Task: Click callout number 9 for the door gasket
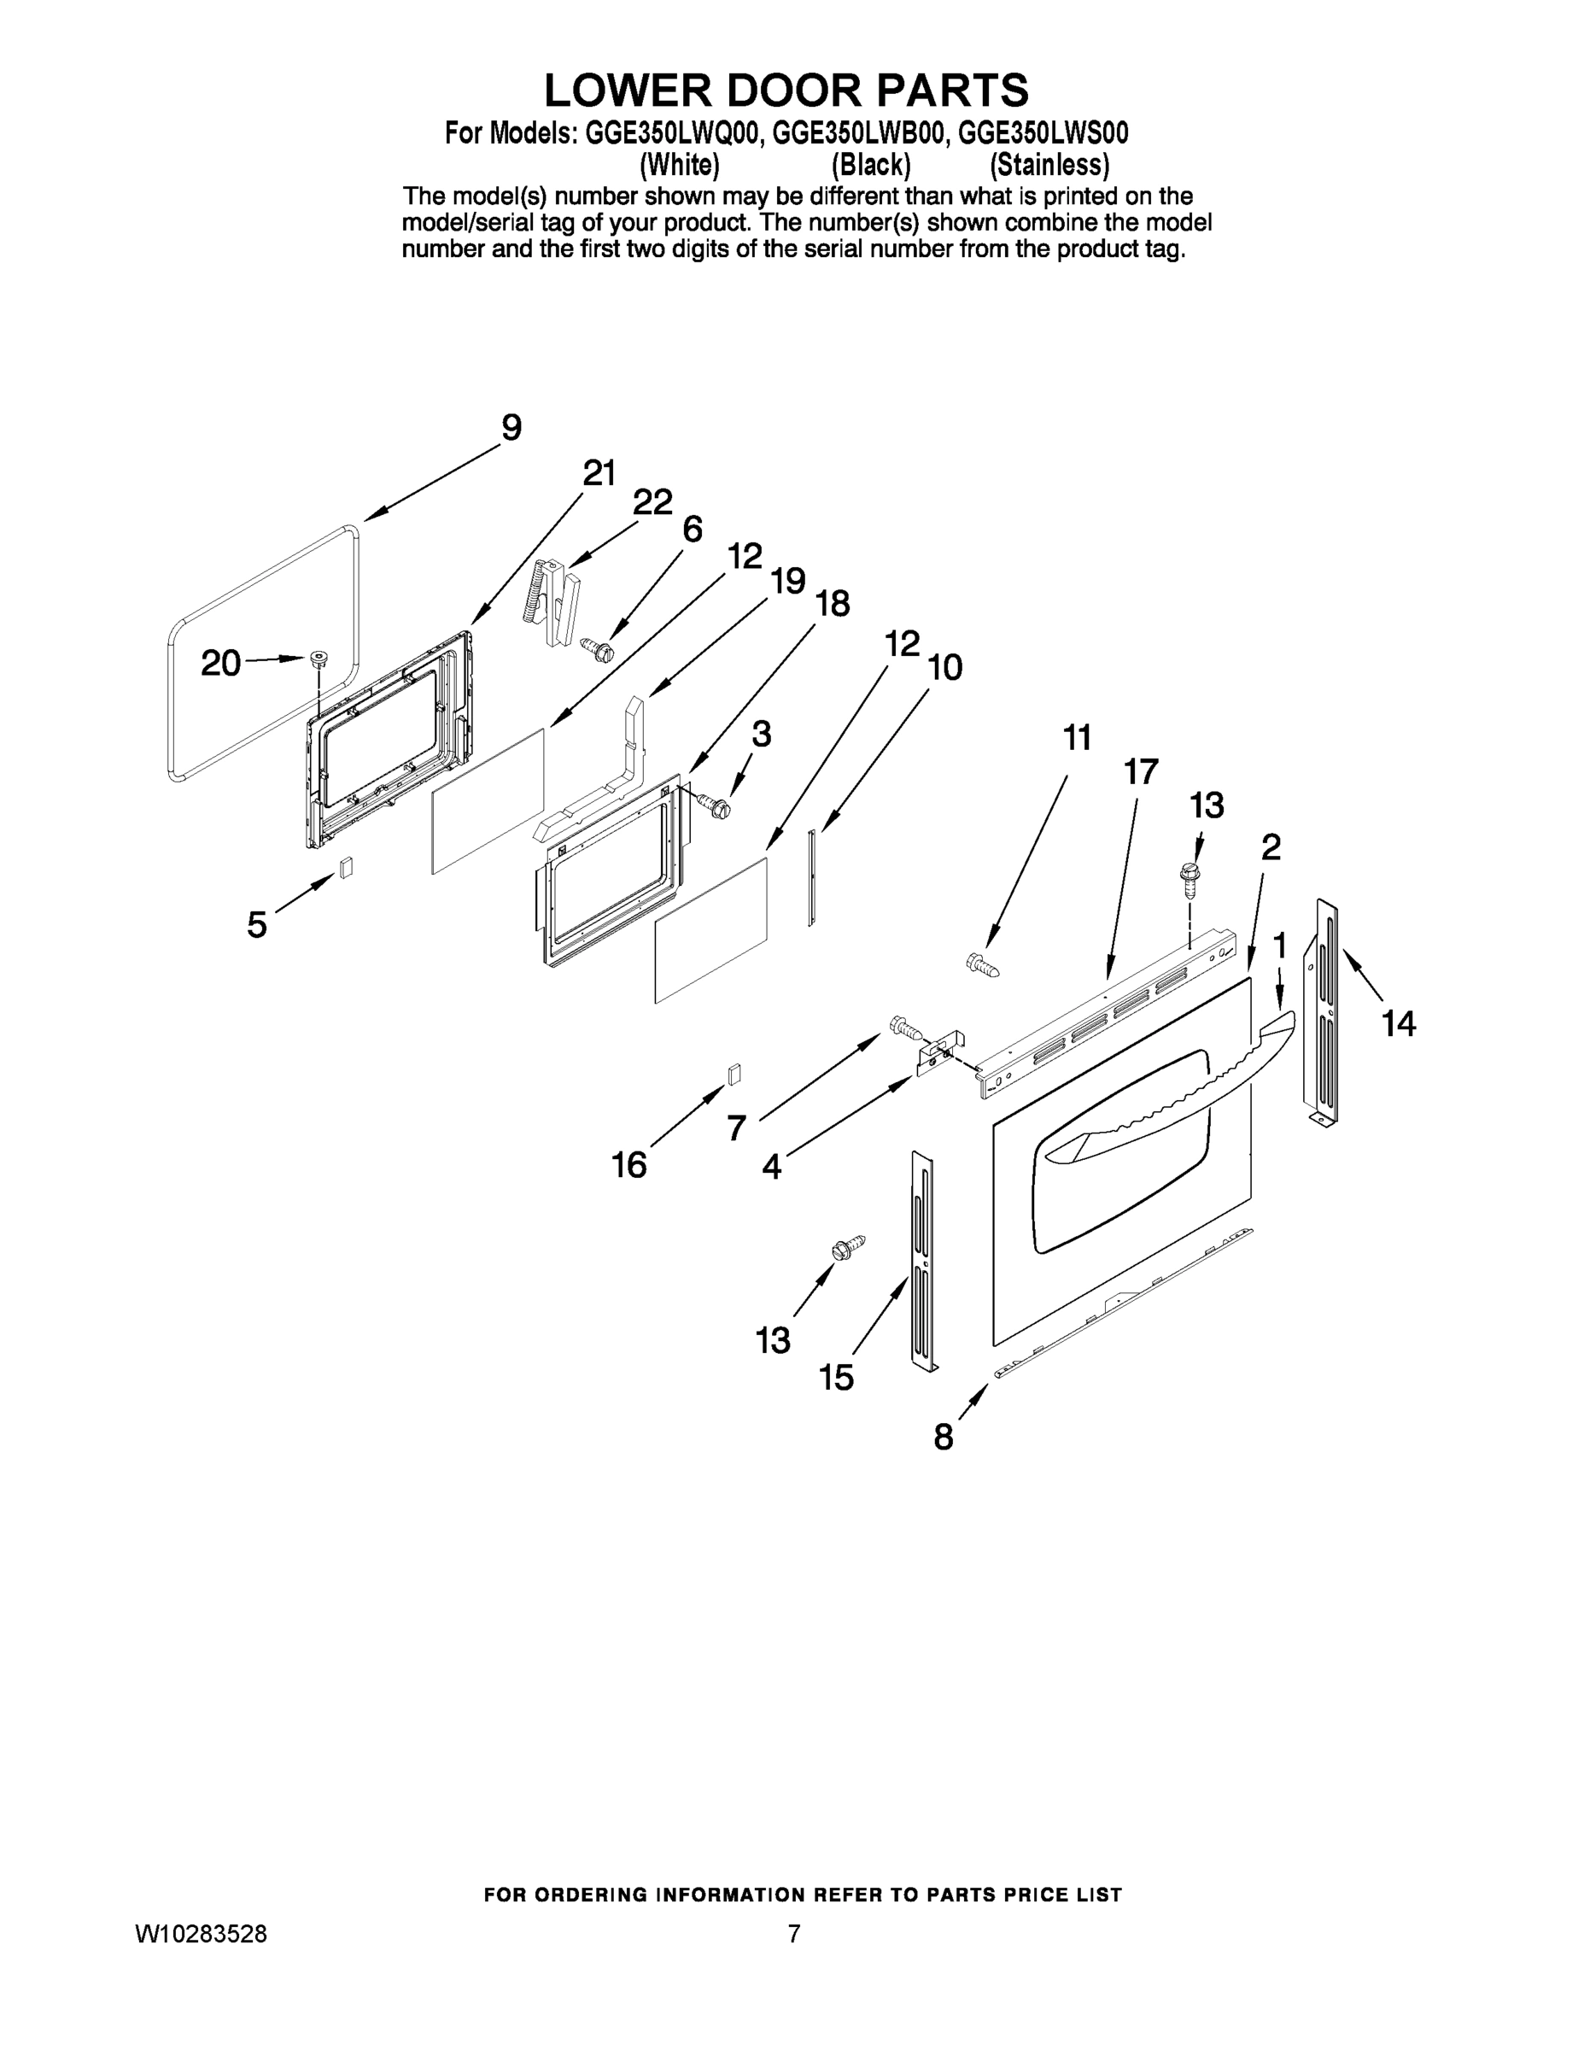511,428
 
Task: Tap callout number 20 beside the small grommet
221,664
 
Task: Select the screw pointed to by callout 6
596,647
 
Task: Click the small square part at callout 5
347,866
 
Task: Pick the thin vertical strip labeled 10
812,877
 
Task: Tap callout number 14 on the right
1398,1022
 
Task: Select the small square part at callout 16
734,1074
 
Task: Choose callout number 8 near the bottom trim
943,1437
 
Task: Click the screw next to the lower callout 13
847,1249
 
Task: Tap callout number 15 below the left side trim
836,1378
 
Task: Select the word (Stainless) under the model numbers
1049,165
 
